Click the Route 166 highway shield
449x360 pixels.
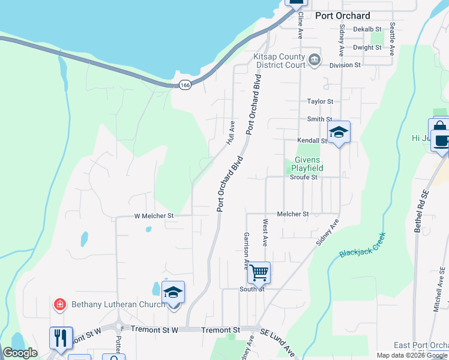pyautogui.click(x=184, y=85)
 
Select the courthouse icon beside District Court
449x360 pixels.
pyautogui.click(x=315, y=60)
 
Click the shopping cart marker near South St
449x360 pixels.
pyautogui.click(x=259, y=273)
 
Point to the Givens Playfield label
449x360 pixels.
pyautogui.click(x=309, y=164)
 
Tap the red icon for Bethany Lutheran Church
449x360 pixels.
pyautogui.click(x=59, y=304)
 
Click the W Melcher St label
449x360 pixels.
pyautogui.click(x=153, y=215)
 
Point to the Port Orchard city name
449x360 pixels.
pyautogui.click(x=342, y=16)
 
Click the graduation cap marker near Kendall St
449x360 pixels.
pyautogui.click(x=339, y=133)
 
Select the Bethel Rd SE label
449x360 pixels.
pyautogui.click(x=420, y=212)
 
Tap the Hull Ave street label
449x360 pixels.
pyautogui.click(x=231, y=133)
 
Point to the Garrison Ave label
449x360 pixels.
pyautogui.click(x=246, y=251)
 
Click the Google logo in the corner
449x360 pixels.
pyautogui.click(x=20, y=353)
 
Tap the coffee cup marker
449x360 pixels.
pyautogui.click(x=442, y=142)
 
